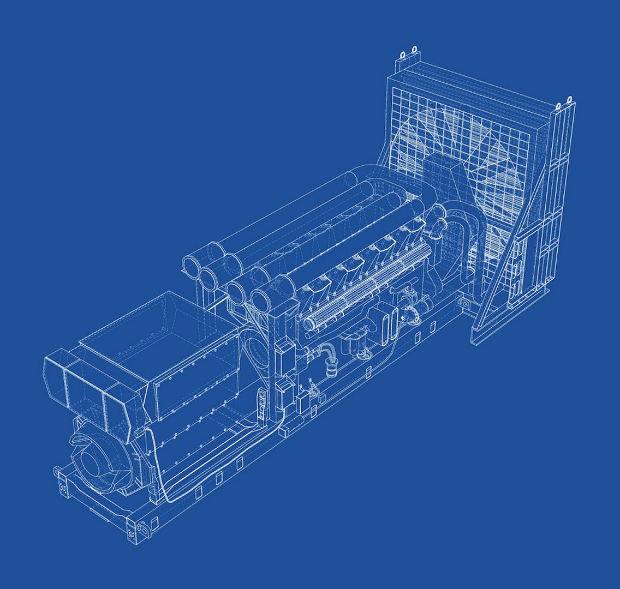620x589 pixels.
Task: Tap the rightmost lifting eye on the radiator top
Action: click(x=569, y=100)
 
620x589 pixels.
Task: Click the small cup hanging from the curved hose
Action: click(x=331, y=371)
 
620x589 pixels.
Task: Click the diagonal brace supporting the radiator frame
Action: click(x=508, y=256)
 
